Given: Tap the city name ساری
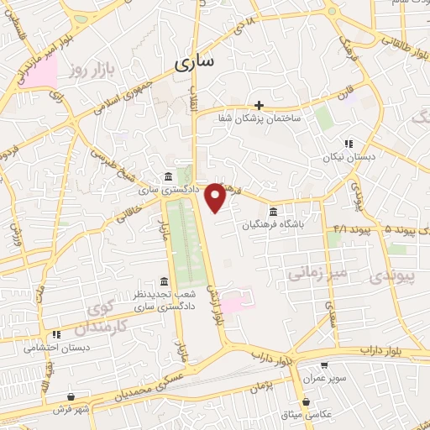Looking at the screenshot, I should (194, 62).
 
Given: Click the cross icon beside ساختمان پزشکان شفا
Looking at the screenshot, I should (259, 105).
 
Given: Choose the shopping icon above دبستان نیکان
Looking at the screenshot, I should (348, 144).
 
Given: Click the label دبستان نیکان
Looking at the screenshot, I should (346, 157).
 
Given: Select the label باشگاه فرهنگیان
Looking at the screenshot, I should (271, 225).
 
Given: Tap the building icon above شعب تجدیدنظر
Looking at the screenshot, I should (164, 282).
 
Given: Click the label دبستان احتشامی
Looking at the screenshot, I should (56, 346).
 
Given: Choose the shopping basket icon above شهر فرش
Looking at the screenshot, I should (71, 396).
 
